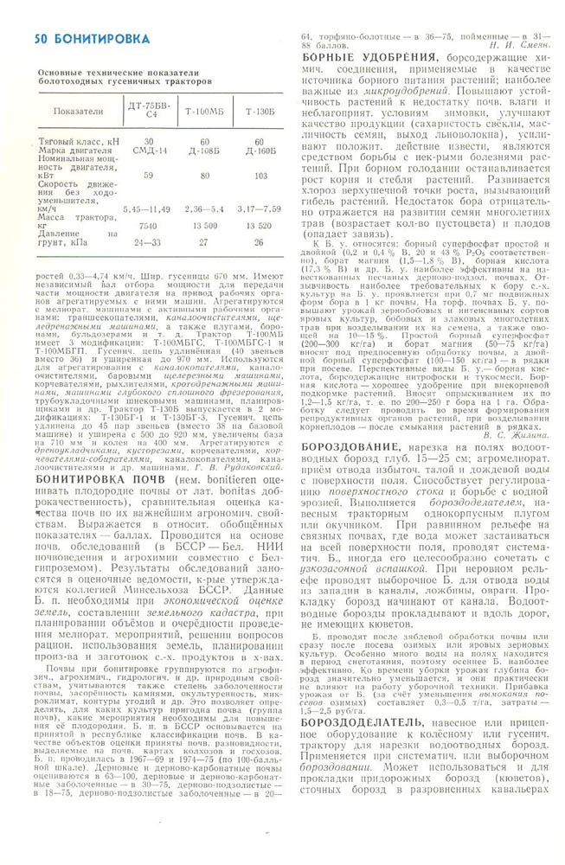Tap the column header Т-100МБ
coord(204,112)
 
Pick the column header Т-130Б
coord(258,112)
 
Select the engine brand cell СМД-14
coord(149,150)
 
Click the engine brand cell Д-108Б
coord(204,150)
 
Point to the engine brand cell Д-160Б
coord(258,150)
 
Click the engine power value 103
coord(258,175)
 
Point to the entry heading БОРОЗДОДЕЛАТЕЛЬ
coord(363,721)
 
